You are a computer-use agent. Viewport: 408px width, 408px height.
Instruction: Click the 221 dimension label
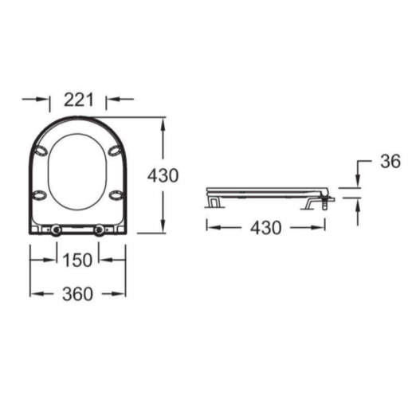(x=79, y=100)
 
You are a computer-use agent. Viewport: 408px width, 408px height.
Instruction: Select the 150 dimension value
(x=77, y=260)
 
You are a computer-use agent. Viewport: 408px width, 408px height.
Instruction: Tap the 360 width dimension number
(x=77, y=294)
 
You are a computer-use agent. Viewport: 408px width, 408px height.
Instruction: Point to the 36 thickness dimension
(x=390, y=161)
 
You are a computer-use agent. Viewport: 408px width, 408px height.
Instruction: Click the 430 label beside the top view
(x=163, y=175)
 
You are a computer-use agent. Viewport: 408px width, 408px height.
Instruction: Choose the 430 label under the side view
(x=266, y=228)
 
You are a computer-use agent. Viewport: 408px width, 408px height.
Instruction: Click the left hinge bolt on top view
(x=56, y=229)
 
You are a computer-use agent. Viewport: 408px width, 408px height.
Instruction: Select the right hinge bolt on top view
(x=100, y=229)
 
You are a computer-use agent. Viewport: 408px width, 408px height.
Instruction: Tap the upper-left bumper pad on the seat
(x=41, y=151)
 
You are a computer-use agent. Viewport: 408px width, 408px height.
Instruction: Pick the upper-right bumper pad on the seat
(x=115, y=151)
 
